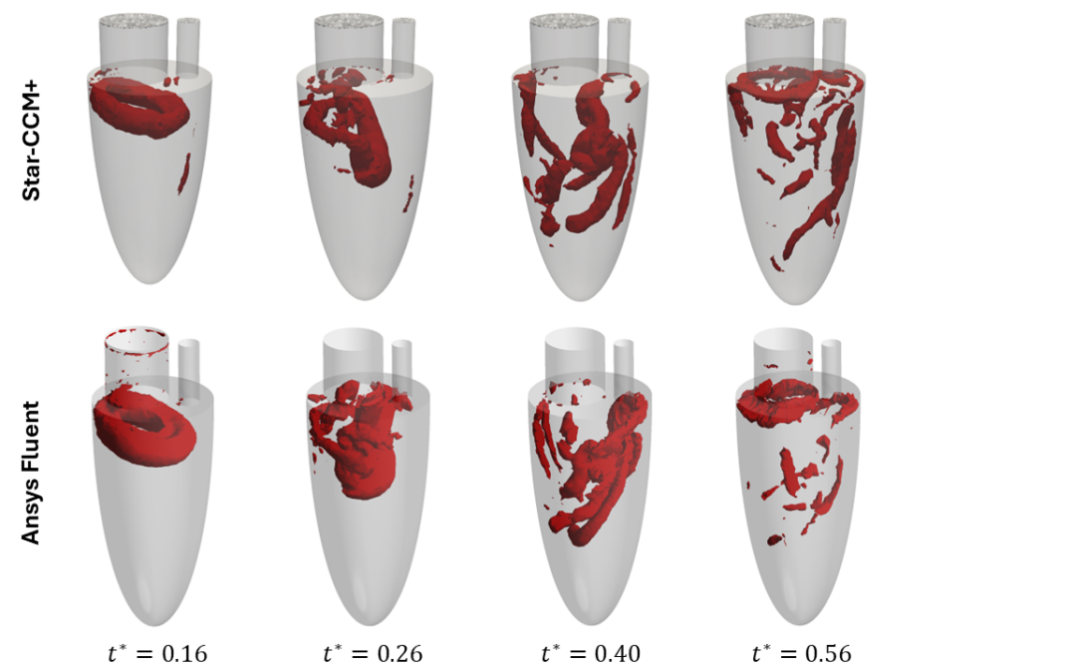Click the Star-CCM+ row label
coord(32,141)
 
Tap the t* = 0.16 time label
coord(158,653)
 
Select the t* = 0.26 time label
coord(374,653)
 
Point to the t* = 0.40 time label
coord(591,653)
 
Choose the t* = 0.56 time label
coord(802,653)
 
